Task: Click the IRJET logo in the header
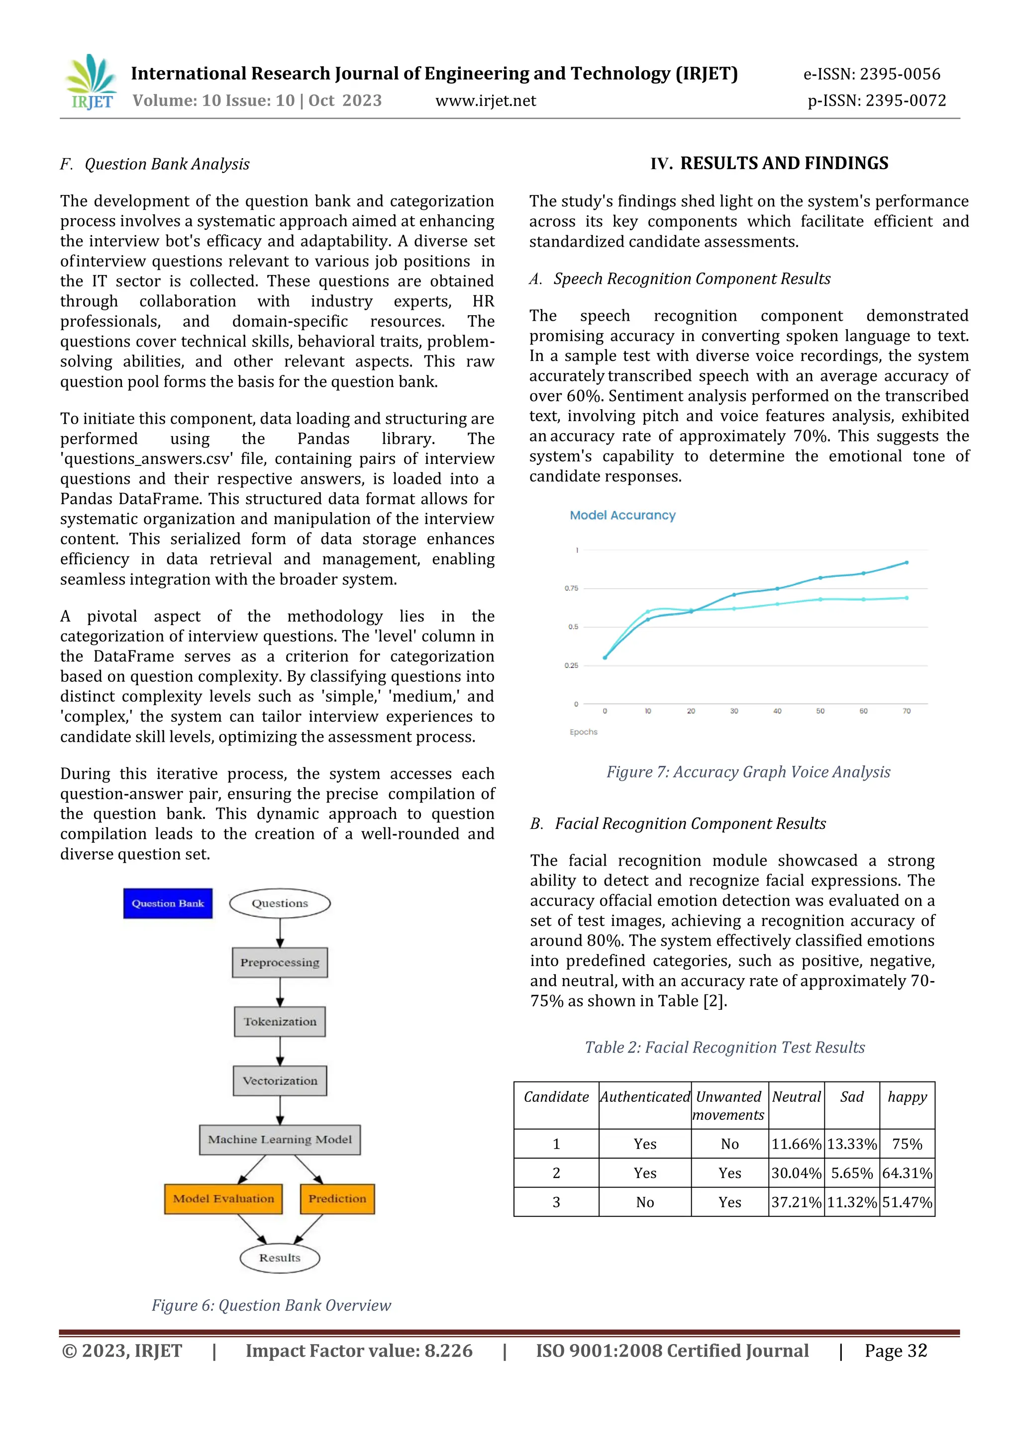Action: click(92, 82)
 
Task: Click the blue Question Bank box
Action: click(168, 903)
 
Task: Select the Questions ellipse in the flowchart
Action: click(280, 903)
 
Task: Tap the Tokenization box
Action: click(280, 1022)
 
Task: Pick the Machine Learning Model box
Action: click(280, 1140)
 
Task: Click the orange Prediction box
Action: click(337, 1198)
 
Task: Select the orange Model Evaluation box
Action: click(223, 1198)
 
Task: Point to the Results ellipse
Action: click(280, 1258)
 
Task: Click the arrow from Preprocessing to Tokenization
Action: click(280, 991)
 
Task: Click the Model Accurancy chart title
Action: click(622, 515)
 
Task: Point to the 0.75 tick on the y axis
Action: click(571, 588)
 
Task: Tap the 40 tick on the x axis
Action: click(777, 711)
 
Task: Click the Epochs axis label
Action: click(584, 732)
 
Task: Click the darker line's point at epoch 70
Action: click(907, 562)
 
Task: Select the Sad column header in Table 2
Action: click(851, 1097)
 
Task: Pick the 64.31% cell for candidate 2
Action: click(907, 1173)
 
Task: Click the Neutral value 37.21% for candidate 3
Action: click(796, 1202)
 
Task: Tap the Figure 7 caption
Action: click(748, 772)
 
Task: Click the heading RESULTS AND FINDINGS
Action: click(769, 163)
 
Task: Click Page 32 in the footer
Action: click(896, 1351)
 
